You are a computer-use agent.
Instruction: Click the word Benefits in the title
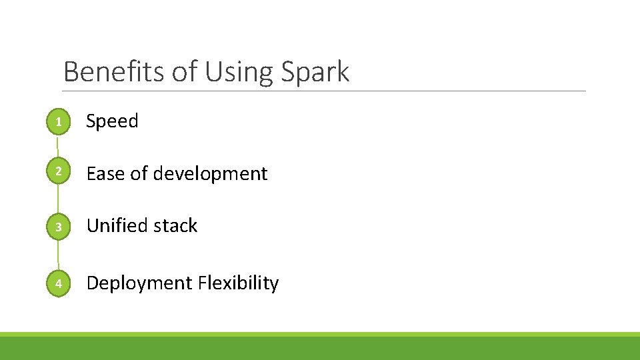click(114, 71)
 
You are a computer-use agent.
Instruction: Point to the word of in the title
click(185, 71)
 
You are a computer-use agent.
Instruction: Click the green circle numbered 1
click(59, 121)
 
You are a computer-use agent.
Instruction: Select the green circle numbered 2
click(59, 173)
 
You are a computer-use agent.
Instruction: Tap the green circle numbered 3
click(59, 227)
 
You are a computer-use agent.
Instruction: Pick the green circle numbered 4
click(59, 283)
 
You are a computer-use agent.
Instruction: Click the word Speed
click(112, 121)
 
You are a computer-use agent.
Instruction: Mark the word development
click(210, 173)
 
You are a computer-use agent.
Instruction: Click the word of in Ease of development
click(139, 173)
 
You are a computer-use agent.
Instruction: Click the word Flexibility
click(239, 283)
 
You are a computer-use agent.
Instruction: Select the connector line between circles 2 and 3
click(58, 199)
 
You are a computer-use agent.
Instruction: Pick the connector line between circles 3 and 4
click(58, 255)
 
